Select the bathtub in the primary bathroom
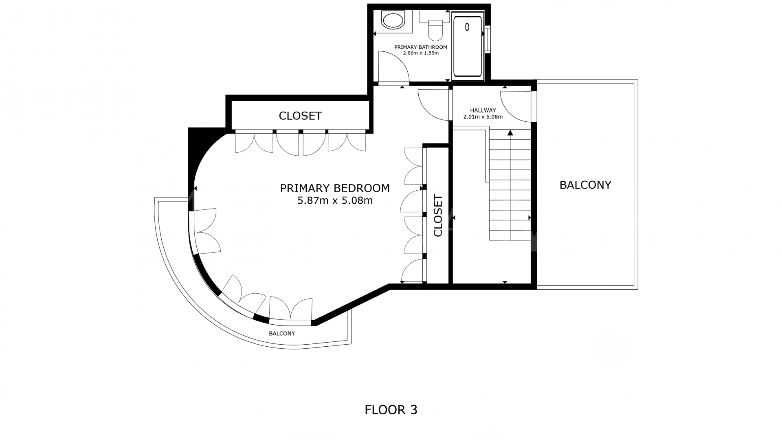pyautogui.click(x=468, y=46)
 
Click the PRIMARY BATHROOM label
pyautogui.click(x=421, y=47)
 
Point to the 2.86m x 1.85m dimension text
pyautogui.click(x=421, y=53)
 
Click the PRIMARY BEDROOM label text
pyautogui.click(x=335, y=188)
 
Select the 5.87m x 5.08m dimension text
pyautogui.click(x=335, y=200)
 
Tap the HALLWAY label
pyautogui.click(x=483, y=110)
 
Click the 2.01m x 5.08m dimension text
pyautogui.click(x=483, y=117)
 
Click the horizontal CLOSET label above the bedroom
pyautogui.click(x=300, y=116)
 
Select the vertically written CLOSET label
pyautogui.click(x=438, y=216)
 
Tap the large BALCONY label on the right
pyautogui.click(x=585, y=185)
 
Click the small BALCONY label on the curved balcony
pyautogui.click(x=282, y=334)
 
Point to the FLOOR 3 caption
pyautogui.click(x=391, y=410)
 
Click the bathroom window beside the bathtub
pyautogui.click(x=488, y=39)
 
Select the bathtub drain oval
pyautogui.click(x=467, y=27)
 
